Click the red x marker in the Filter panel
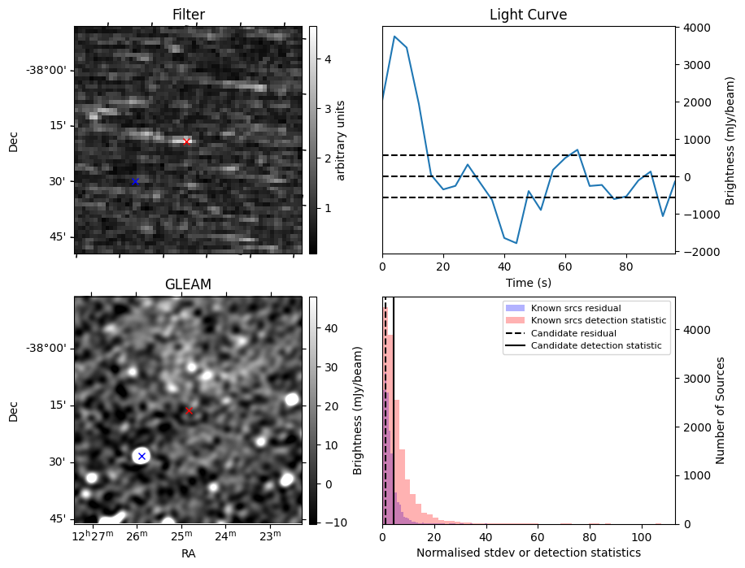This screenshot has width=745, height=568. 186,141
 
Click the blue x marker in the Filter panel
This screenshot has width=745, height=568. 135,181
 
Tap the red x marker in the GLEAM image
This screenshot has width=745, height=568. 189,410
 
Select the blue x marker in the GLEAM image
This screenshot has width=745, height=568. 142,456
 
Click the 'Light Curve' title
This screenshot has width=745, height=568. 528,15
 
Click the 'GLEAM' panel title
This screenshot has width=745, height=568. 188,284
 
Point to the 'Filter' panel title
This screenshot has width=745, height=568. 188,15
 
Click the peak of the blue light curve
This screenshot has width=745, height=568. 394,37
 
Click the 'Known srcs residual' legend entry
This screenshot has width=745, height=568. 576,309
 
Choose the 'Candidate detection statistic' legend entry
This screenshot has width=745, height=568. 595,346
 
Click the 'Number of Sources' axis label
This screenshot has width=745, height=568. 721,410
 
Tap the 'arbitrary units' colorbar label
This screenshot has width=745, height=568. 341,141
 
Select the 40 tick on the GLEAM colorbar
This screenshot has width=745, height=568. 326,328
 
